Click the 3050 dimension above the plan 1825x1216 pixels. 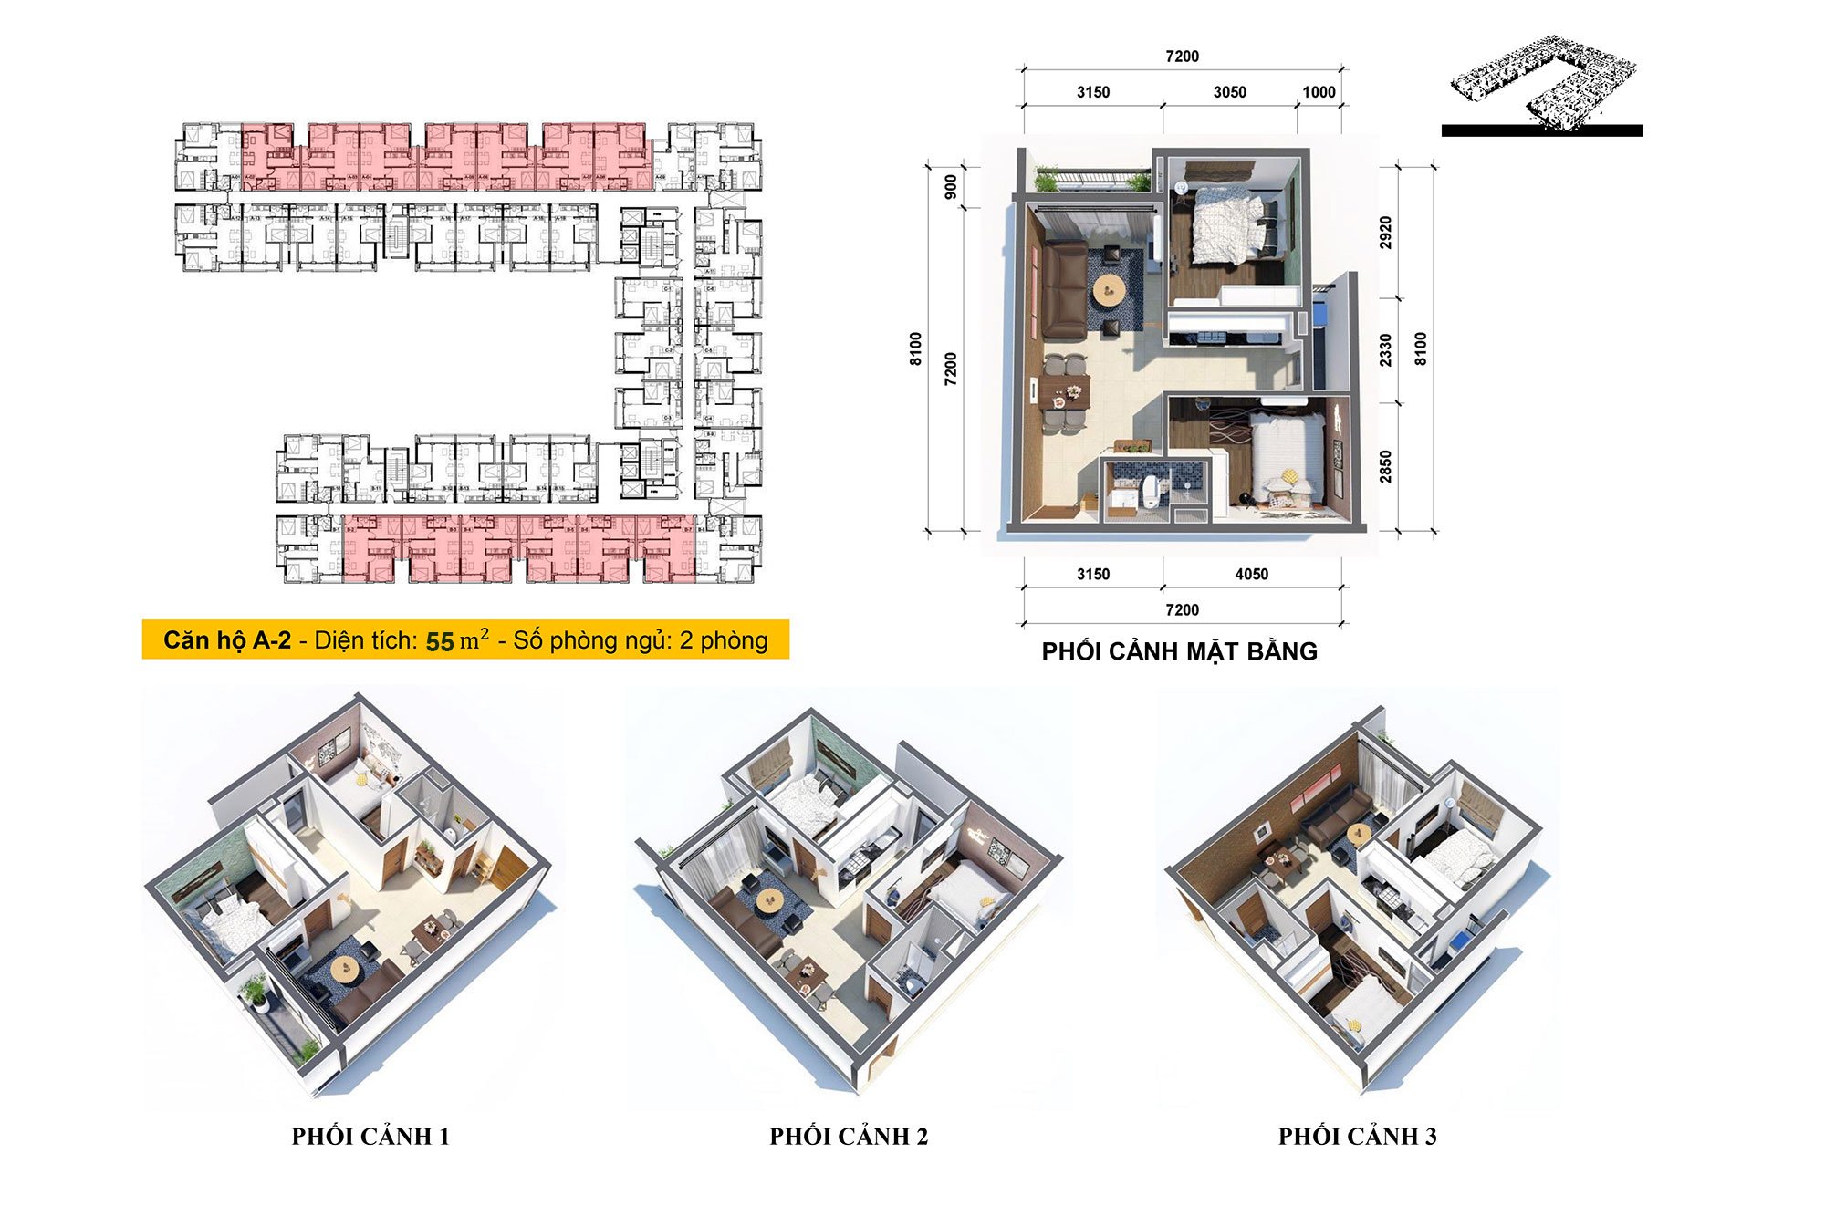click(x=1229, y=92)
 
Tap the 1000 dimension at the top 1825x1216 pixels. click(x=1319, y=92)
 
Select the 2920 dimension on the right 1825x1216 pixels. click(x=1385, y=233)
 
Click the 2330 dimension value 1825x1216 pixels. click(x=1385, y=350)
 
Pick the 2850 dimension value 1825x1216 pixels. click(x=1385, y=466)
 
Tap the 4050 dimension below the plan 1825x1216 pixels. click(x=1251, y=574)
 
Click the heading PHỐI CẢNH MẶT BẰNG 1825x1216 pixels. click(x=1179, y=651)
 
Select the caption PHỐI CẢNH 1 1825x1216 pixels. click(x=370, y=1137)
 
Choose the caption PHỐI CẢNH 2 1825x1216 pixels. click(x=849, y=1137)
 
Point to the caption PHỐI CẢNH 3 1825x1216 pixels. click(x=1357, y=1137)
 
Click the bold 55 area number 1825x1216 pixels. click(x=440, y=641)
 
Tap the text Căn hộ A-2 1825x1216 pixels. click(x=227, y=640)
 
